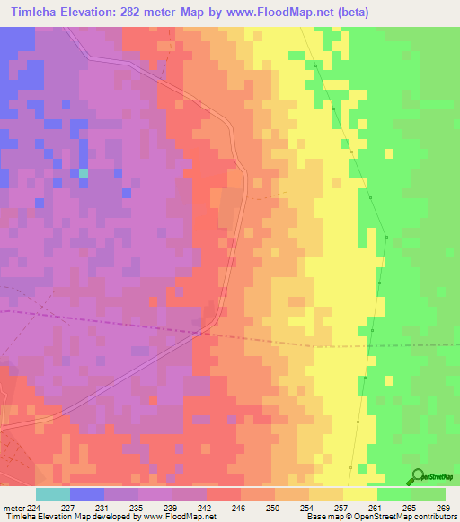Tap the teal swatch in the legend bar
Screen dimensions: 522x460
(53, 494)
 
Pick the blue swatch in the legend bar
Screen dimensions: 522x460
(87, 494)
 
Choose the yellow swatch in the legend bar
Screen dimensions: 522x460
(360, 494)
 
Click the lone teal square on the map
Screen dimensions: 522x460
(84, 172)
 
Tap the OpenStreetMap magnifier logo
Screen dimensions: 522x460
(418, 476)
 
